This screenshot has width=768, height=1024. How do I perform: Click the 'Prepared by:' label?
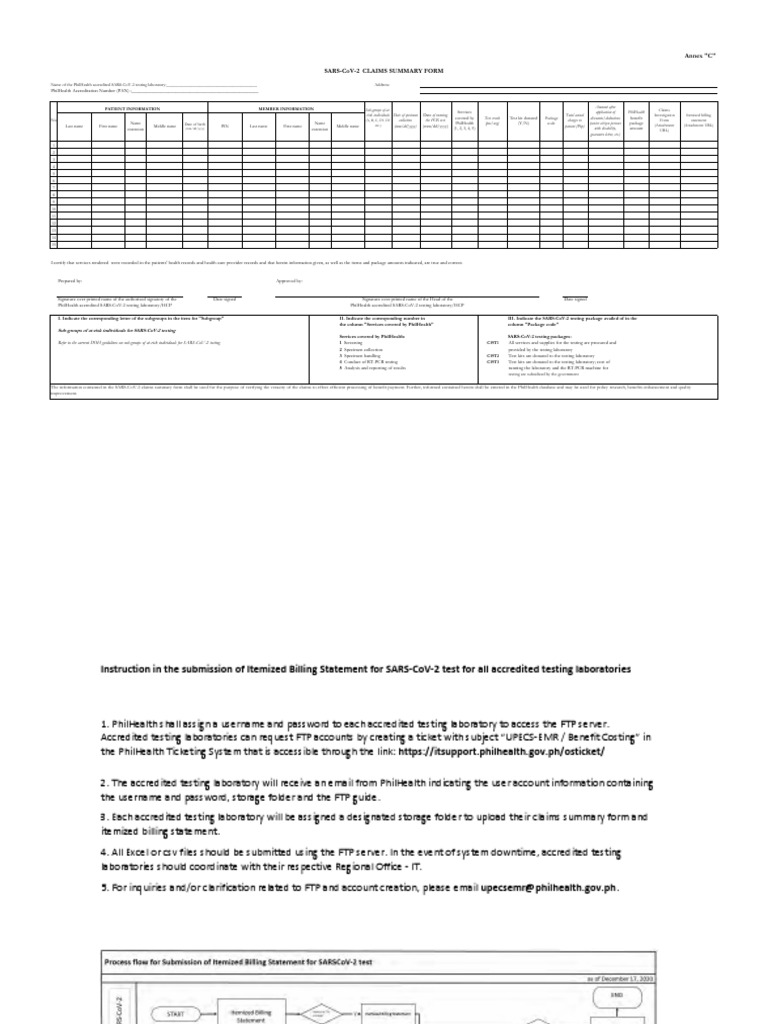point(71,281)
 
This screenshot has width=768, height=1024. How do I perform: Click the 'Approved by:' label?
point(288,281)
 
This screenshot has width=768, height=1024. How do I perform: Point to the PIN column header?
point(225,126)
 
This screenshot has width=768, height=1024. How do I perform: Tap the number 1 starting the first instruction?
point(103,721)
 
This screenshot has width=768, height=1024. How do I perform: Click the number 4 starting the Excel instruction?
point(103,852)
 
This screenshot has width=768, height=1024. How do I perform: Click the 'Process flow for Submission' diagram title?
point(239,962)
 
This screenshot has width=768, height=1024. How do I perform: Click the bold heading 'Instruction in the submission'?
point(365,668)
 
